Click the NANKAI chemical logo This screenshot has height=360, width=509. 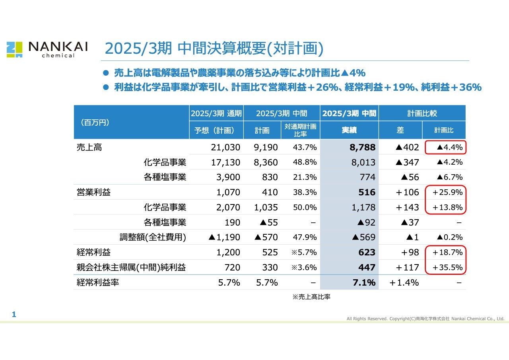point(47,49)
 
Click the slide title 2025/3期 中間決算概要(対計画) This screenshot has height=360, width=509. point(214,49)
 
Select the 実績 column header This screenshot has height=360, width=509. point(349,130)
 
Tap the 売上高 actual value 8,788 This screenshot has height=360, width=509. point(362,148)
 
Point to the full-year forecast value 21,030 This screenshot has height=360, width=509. point(225,148)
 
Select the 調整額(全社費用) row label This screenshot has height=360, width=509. point(153,237)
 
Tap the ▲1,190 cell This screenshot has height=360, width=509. point(224,237)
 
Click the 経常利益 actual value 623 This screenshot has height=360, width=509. point(367,253)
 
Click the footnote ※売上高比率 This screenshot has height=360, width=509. point(311,297)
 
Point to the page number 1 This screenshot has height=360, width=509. point(14,315)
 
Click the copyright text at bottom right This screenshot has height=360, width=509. point(425,319)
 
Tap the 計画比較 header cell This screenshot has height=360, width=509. point(422,113)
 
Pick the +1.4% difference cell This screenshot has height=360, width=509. point(404,283)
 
